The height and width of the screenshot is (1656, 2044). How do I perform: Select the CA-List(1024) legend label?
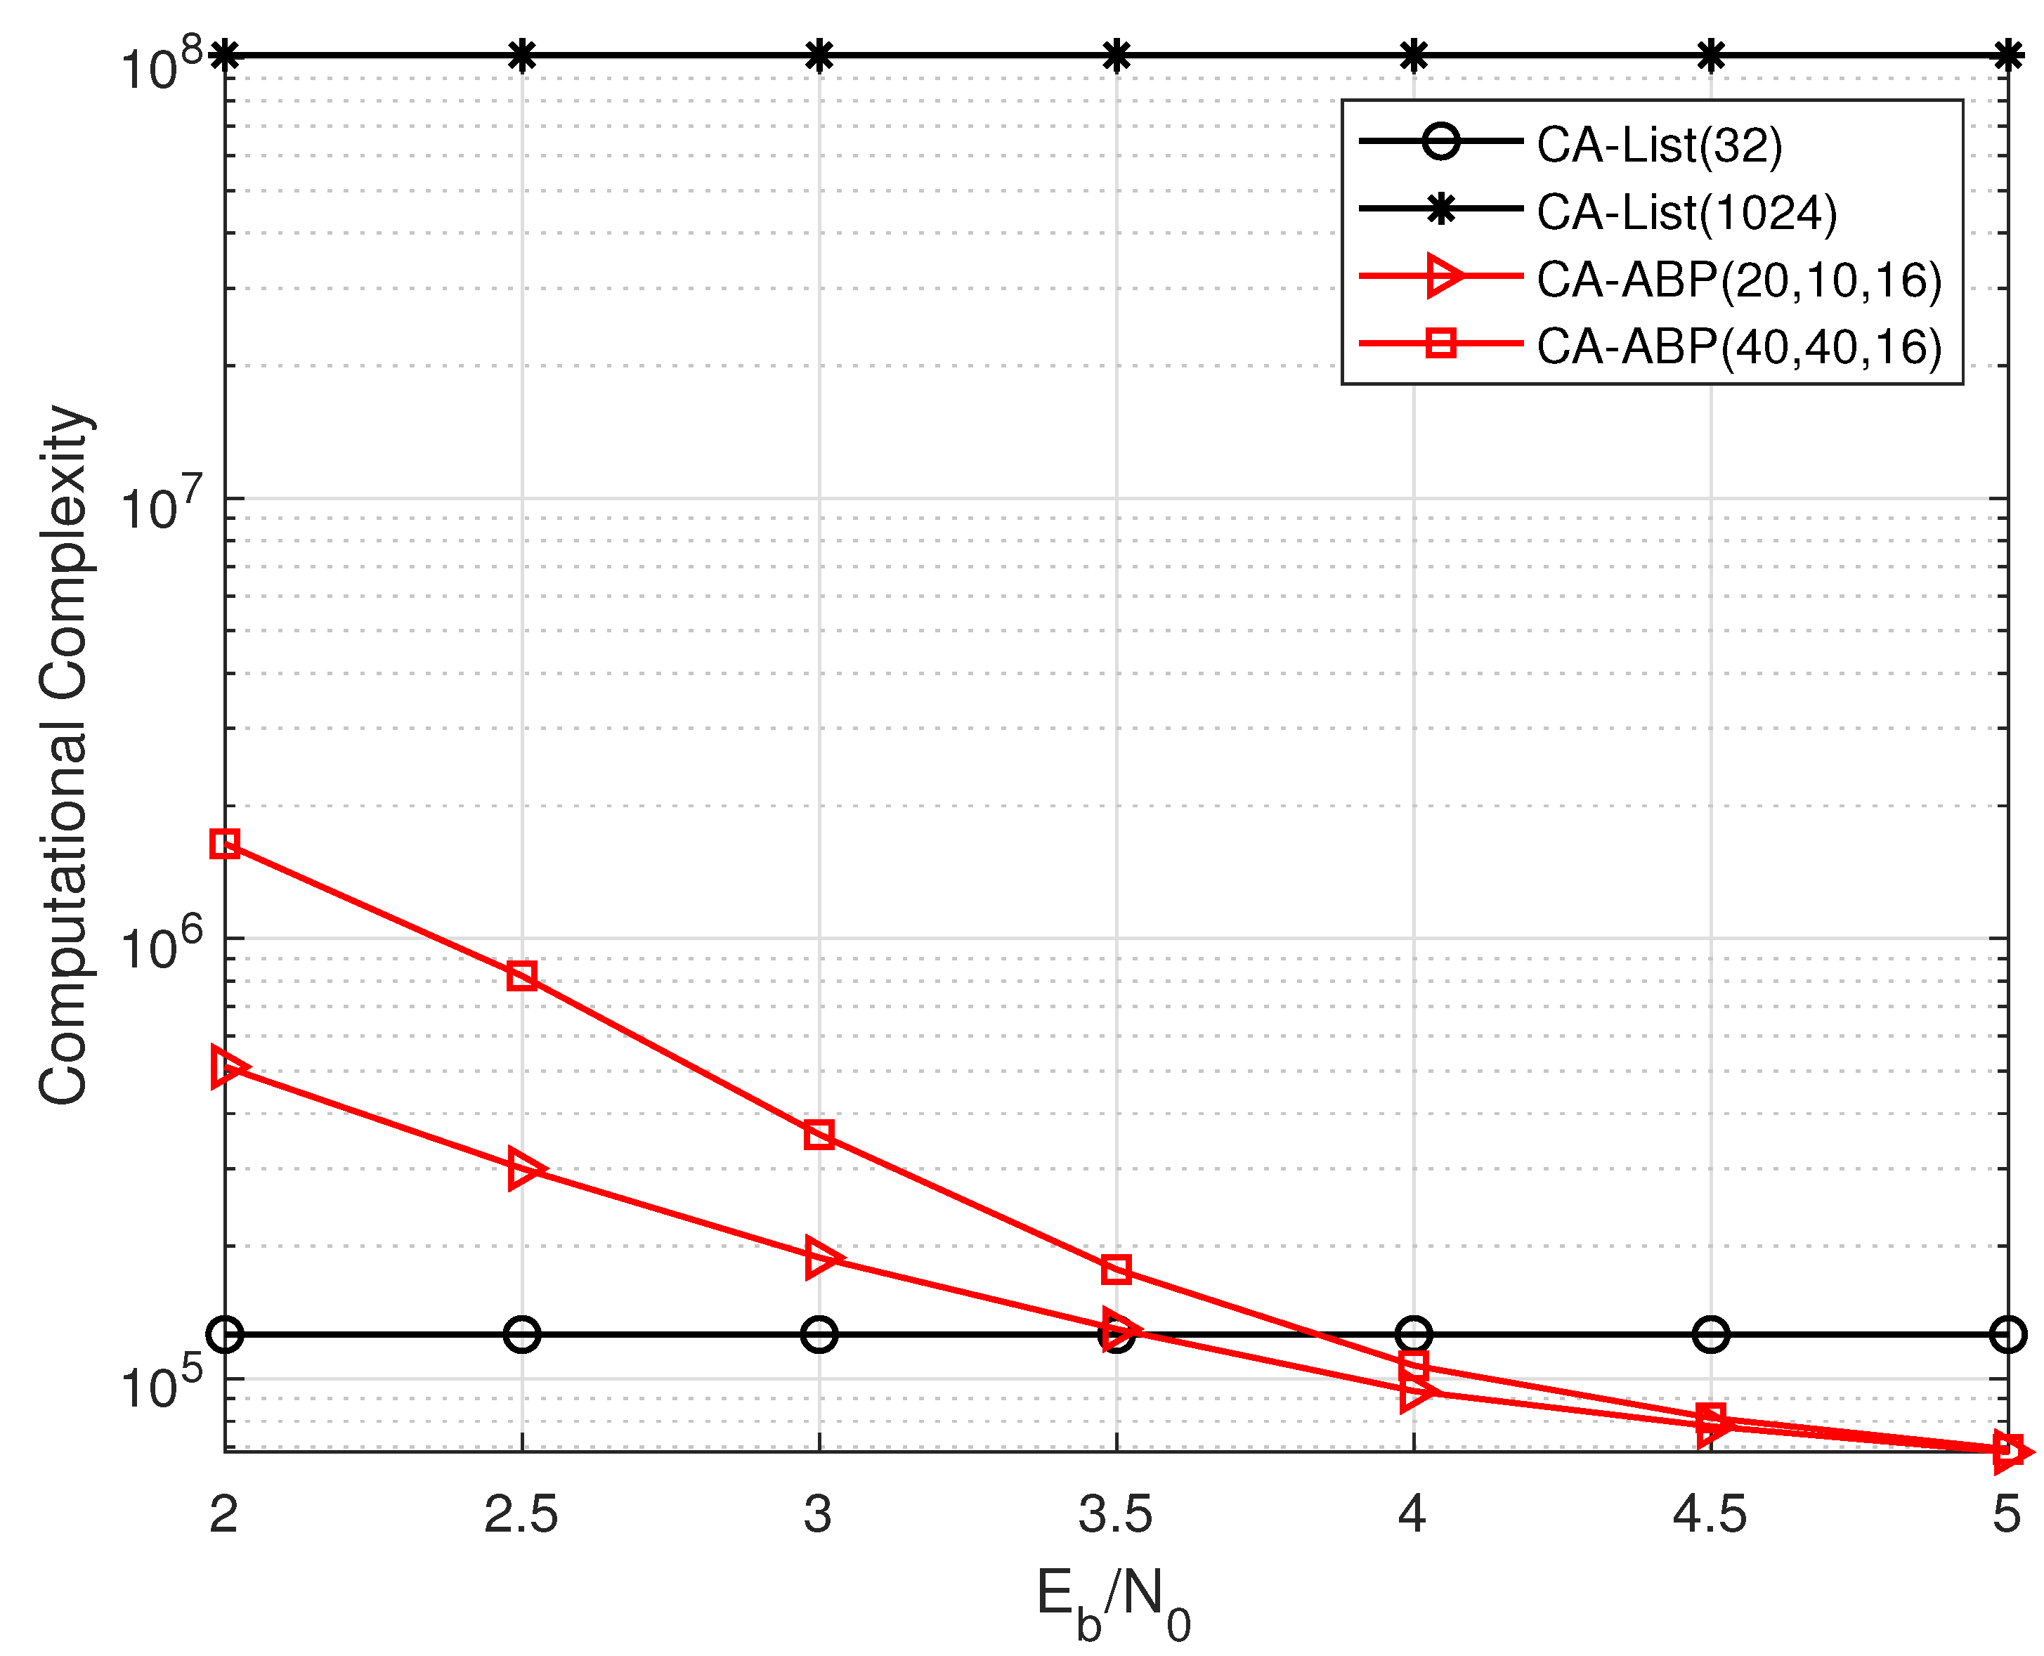[1686, 211]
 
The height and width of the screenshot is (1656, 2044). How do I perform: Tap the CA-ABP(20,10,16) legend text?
[1738, 280]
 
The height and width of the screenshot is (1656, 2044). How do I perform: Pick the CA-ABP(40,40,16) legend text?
[1738, 346]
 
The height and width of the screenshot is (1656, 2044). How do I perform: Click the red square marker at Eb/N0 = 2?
[224, 843]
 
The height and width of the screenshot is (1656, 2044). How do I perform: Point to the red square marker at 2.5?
[522, 975]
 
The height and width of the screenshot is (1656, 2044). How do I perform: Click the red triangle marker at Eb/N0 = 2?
[227, 1067]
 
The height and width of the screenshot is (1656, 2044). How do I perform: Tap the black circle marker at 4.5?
[1711, 1334]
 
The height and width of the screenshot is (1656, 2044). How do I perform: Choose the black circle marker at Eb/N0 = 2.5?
[522, 1334]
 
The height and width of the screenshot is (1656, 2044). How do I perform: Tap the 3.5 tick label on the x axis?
[1115, 1514]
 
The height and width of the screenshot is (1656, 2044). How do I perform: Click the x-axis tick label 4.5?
[1710, 1514]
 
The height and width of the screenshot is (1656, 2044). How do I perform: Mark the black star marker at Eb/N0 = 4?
[1414, 56]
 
